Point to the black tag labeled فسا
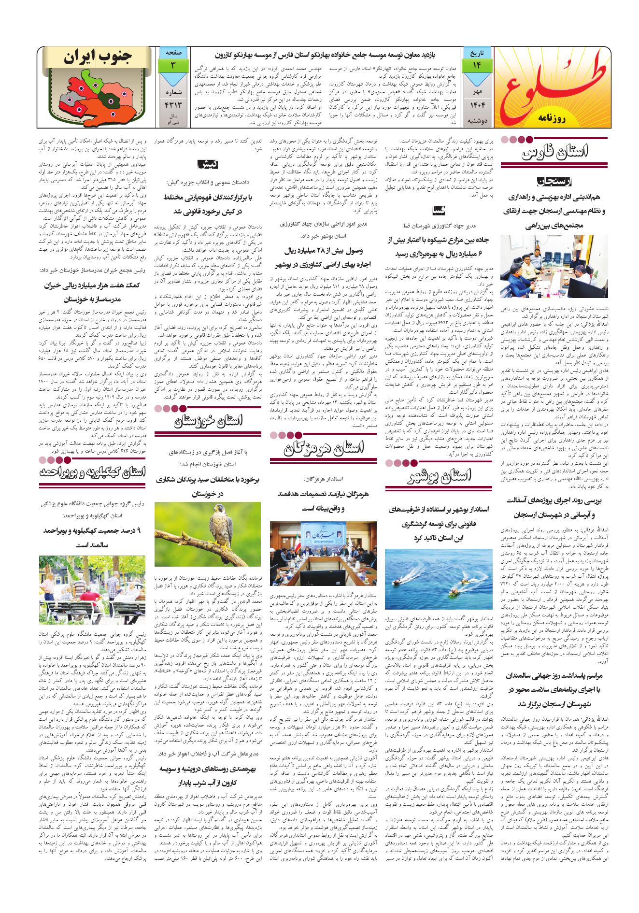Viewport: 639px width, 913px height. click(440, 210)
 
